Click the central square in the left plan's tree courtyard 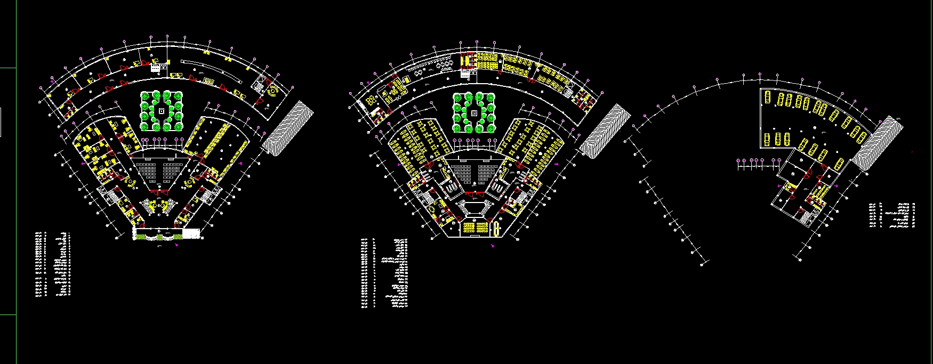[162, 111]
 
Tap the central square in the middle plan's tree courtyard [473, 112]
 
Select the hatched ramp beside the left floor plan [288, 128]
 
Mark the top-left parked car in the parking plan [767, 97]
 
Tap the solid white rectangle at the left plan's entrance [191, 233]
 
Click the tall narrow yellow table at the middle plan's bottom [496, 229]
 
